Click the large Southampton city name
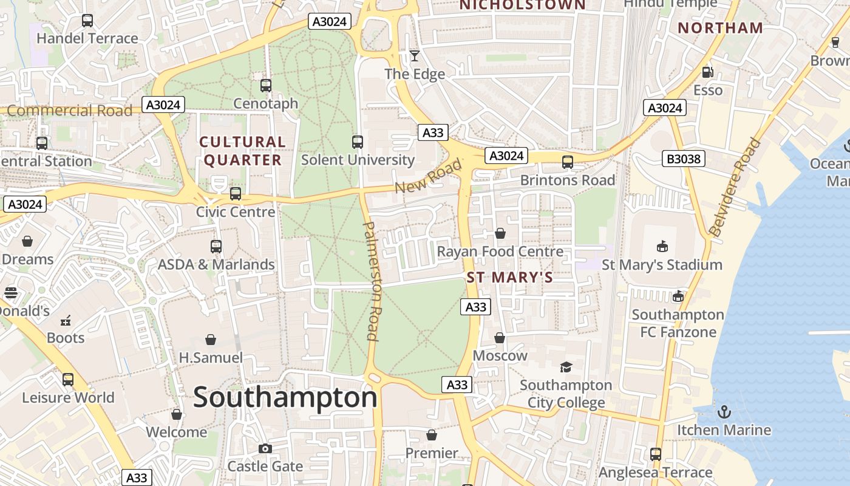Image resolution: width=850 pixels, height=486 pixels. [x=285, y=398]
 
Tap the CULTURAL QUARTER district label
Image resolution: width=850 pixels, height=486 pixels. [x=242, y=151]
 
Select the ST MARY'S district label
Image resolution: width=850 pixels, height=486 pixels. [x=510, y=278]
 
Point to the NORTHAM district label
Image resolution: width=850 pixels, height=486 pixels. [x=720, y=28]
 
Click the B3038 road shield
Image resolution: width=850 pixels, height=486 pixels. [x=684, y=159]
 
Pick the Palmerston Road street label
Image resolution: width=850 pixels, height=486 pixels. [x=372, y=281]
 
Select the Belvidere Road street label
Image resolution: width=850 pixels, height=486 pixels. [x=735, y=187]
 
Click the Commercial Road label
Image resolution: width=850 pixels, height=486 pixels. [x=69, y=111]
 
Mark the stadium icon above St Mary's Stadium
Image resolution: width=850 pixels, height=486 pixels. [x=662, y=246]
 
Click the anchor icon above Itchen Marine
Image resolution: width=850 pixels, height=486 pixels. [x=724, y=412]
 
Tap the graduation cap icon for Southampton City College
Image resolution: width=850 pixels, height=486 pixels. [x=566, y=367]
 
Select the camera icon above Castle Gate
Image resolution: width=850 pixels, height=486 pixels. [x=265, y=448]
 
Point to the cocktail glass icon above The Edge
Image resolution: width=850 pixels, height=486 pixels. [x=415, y=56]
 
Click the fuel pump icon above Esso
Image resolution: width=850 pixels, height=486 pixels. [x=707, y=72]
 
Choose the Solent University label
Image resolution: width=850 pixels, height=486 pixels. [x=358, y=160]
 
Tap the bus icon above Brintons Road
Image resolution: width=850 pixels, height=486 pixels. [x=568, y=162]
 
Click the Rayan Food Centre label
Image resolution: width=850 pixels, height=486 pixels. [x=500, y=252]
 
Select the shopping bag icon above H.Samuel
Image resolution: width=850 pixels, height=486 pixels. [x=211, y=339]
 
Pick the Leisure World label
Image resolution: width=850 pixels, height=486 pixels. [x=68, y=398]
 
